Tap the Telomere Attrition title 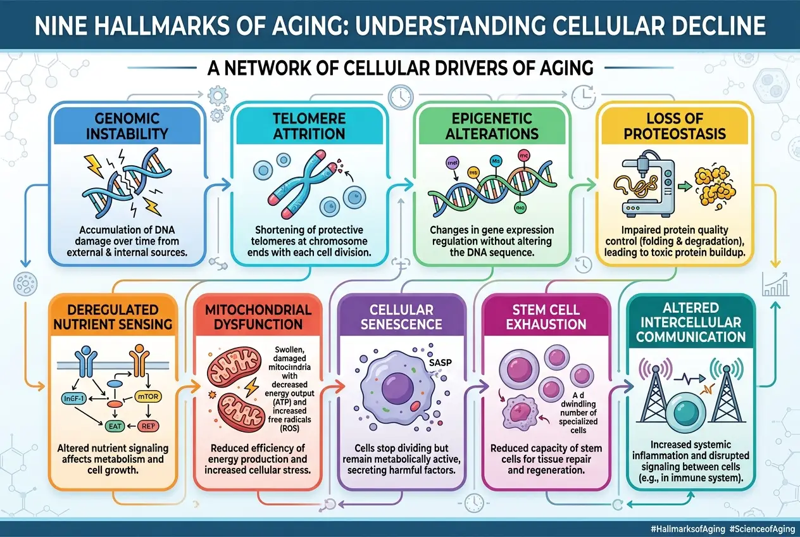(x=309, y=126)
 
